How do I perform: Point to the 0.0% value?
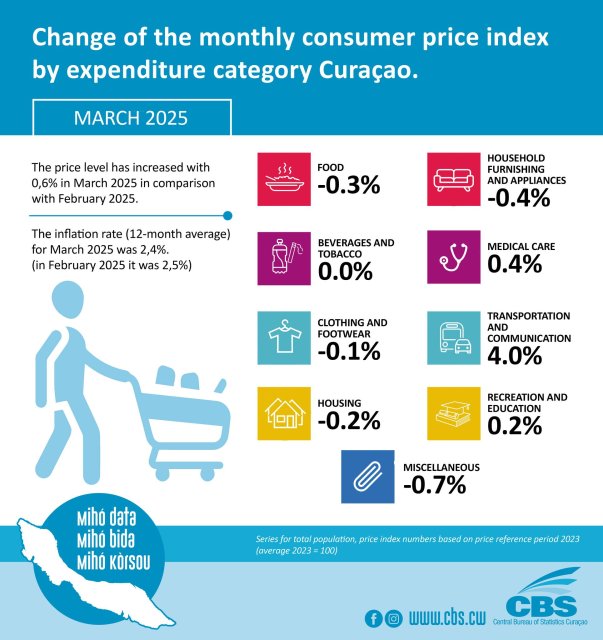pos(345,271)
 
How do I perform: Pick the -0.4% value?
pos(520,198)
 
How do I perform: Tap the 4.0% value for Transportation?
pos(515,356)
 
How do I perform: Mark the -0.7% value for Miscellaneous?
pos(436,486)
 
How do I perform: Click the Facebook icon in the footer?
pos(373,618)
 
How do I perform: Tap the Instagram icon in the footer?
pos(393,618)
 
